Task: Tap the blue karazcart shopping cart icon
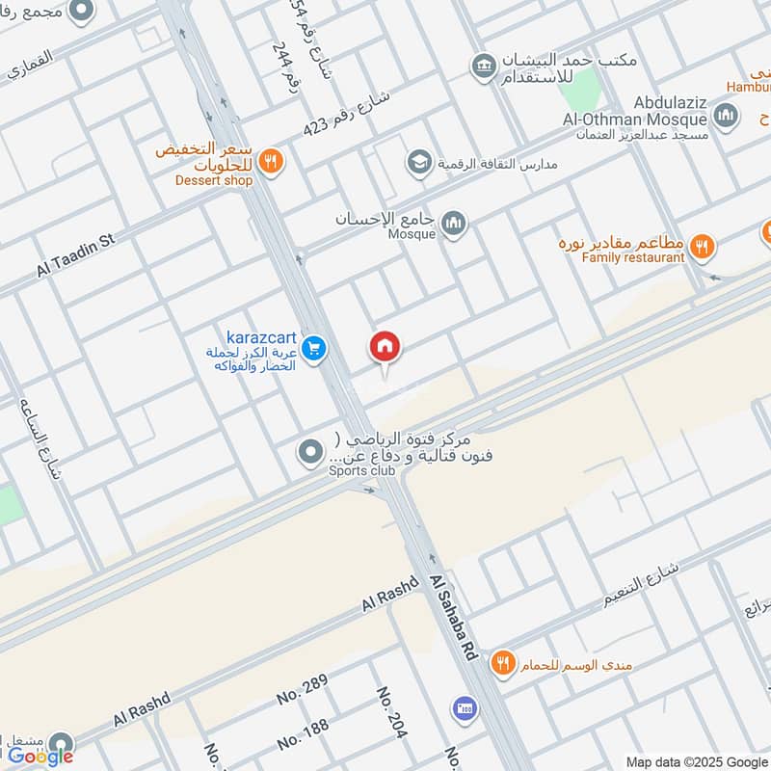[x=313, y=351]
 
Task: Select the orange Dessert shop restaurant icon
[x=271, y=162]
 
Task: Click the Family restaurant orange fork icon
[x=704, y=247]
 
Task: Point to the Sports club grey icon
[x=310, y=451]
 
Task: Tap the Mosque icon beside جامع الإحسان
[x=453, y=226]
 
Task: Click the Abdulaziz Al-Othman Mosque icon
[x=726, y=119]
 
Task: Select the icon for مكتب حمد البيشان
[x=483, y=66]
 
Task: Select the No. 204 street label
[x=392, y=713]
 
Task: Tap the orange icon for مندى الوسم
[x=502, y=663]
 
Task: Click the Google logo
[x=40, y=757]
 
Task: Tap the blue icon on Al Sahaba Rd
[x=465, y=707]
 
